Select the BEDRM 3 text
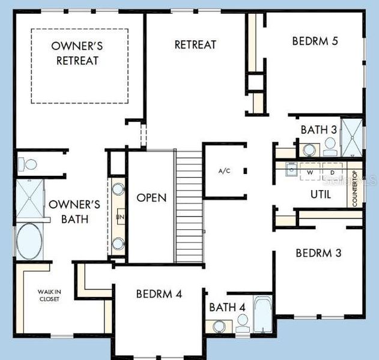(x=318, y=253)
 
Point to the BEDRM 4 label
(x=159, y=294)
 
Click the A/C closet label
(x=224, y=171)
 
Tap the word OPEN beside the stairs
(x=151, y=197)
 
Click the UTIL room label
(x=321, y=194)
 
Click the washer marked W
(x=311, y=172)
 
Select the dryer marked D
(x=332, y=172)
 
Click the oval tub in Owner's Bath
(x=29, y=241)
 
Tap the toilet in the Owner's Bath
(x=28, y=164)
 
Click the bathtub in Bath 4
(x=263, y=314)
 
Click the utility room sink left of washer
(x=291, y=169)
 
